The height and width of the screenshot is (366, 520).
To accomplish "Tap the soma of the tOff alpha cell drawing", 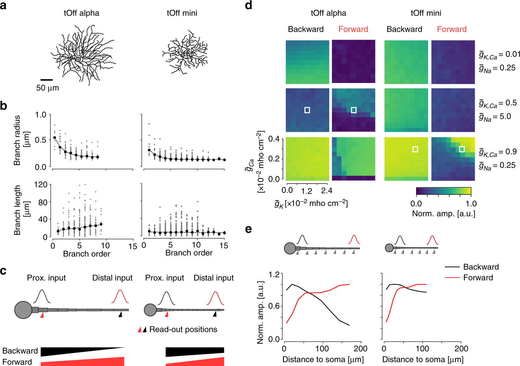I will (x=78, y=59).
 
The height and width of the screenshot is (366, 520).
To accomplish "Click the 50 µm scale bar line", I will (x=47, y=80).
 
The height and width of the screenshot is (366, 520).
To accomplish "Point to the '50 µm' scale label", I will (x=48, y=88).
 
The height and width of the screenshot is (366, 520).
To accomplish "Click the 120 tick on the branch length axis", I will (x=41, y=185).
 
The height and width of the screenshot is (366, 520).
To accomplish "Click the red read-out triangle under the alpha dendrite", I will (x=42, y=315).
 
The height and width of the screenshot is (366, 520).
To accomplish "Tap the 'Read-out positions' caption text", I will (x=183, y=329).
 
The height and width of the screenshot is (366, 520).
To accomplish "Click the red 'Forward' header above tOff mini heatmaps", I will (x=452, y=29).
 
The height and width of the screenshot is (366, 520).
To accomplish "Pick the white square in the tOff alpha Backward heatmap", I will (x=307, y=110).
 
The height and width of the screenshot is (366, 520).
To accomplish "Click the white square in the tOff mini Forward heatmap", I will (x=462, y=149).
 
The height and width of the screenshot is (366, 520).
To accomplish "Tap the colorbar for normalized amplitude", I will (x=443, y=191).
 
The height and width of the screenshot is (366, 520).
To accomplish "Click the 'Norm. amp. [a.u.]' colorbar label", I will (x=443, y=214).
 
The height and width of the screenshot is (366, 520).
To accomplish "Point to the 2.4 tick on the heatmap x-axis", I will (x=326, y=190).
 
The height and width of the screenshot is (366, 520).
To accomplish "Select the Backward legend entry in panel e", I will (x=481, y=267).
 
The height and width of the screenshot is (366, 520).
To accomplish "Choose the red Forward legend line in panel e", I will (x=452, y=278).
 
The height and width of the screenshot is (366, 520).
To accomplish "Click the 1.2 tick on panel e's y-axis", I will (x=276, y=274).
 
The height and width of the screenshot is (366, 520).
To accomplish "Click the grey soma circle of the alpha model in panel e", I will (x=290, y=248).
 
